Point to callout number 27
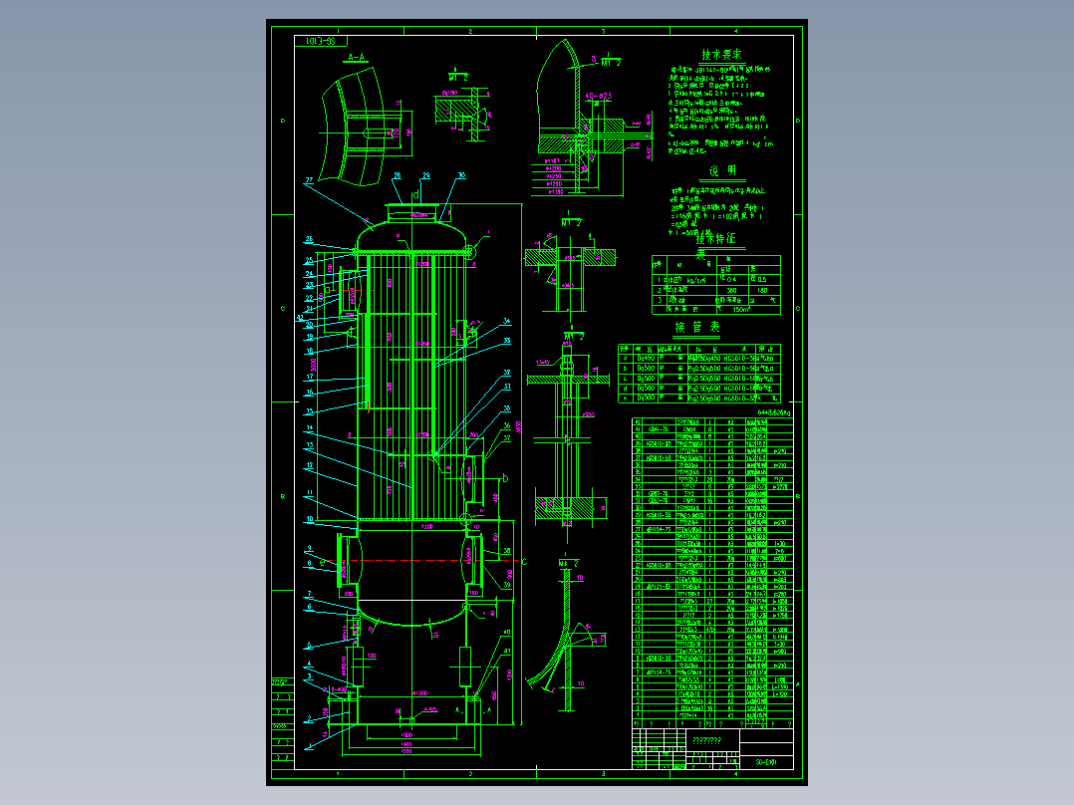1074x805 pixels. (309, 180)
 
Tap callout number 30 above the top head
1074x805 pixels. (461, 175)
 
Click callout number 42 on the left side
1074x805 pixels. (300, 318)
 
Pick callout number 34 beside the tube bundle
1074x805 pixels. (506, 321)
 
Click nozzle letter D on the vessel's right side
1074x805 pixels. (505, 479)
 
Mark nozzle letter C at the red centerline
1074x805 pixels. (524, 562)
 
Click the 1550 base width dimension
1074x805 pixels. (406, 750)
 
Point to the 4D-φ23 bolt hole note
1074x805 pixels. (598, 96)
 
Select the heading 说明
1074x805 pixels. (721, 170)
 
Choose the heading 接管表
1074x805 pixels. (697, 327)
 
